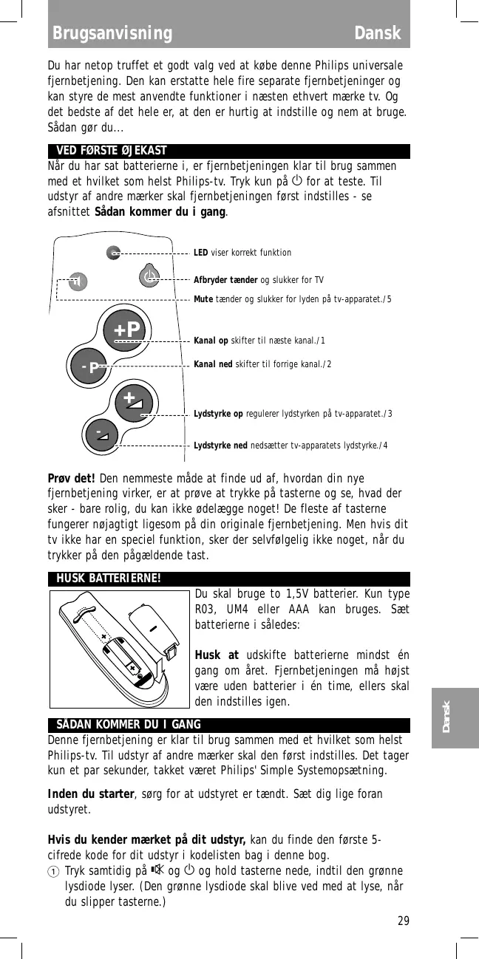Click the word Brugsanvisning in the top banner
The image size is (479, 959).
click(112, 34)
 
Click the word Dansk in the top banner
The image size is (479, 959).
click(377, 34)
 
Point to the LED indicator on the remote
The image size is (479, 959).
click(112, 253)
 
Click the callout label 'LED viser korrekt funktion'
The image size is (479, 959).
click(242, 253)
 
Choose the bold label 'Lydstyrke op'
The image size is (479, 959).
click(218, 413)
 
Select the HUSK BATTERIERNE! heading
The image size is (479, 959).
click(109, 578)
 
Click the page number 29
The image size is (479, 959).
click(403, 921)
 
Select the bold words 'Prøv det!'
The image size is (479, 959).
click(72, 477)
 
